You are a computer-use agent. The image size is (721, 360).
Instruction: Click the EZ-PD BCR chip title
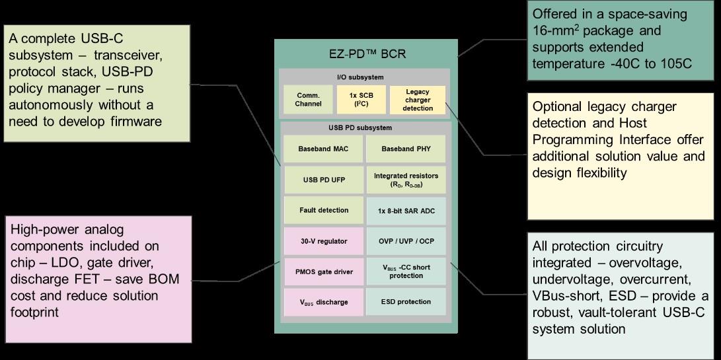click(x=365, y=54)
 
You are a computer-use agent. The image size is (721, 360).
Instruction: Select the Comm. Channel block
click(x=309, y=99)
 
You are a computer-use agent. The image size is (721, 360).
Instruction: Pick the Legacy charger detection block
click(x=418, y=99)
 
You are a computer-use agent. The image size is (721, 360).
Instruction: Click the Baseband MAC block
click(x=324, y=149)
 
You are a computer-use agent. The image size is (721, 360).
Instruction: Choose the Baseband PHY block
click(x=406, y=149)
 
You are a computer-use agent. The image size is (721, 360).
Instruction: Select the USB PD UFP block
click(x=324, y=179)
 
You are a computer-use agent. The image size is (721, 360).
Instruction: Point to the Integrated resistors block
click(x=406, y=180)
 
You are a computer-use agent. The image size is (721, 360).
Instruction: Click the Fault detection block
click(x=324, y=210)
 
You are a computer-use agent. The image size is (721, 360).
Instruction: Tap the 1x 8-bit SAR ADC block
click(x=406, y=210)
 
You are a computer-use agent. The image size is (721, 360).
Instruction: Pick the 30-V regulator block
click(x=324, y=241)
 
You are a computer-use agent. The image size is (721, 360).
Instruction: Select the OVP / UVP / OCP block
click(x=406, y=241)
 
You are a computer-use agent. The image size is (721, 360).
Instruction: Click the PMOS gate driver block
click(x=324, y=271)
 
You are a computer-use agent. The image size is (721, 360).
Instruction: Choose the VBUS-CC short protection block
click(x=406, y=271)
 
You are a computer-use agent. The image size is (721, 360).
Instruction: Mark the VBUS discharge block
click(x=324, y=302)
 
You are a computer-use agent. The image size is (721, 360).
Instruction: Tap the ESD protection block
click(x=406, y=302)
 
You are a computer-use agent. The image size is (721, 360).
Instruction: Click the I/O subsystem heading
click(x=364, y=77)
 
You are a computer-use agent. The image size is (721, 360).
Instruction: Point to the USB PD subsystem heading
click(x=365, y=127)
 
